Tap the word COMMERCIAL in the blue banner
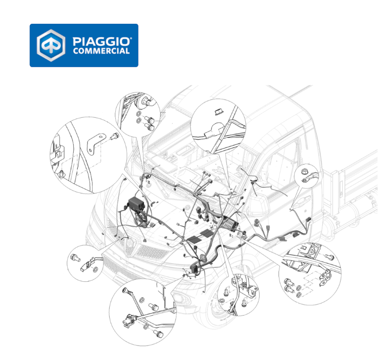click(x=101, y=51)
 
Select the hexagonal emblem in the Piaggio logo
click(x=51, y=45)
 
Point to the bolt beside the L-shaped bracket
click(x=114, y=136)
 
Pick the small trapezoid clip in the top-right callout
click(x=219, y=112)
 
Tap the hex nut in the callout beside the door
click(x=304, y=172)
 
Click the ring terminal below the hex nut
click(x=310, y=178)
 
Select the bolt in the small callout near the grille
click(x=75, y=258)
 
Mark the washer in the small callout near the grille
click(x=96, y=269)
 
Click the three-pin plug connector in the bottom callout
click(x=129, y=320)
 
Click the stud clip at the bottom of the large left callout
click(x=62, y=174)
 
